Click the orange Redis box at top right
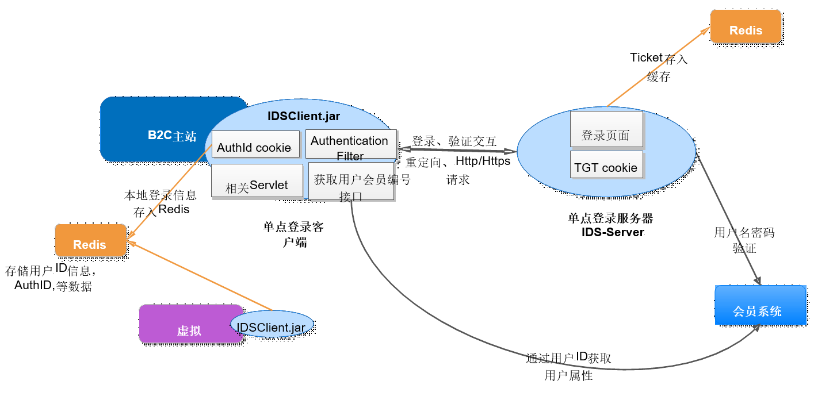(x=746, y=26)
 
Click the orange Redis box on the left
(x=90, y=240)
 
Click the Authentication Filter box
(x=350, y=145)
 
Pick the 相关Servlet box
(x=257, y=181)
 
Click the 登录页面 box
(x=606, y=130)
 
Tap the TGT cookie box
(x=606, y=165)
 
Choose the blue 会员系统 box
(x=760, y=305)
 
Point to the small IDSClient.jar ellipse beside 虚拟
(x=272, y=326)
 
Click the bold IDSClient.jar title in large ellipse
(x=304, y=116)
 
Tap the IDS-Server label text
(x=613, y=232)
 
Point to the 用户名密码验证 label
(x=744, y=240)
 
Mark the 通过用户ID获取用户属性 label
(x=568, y=367)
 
